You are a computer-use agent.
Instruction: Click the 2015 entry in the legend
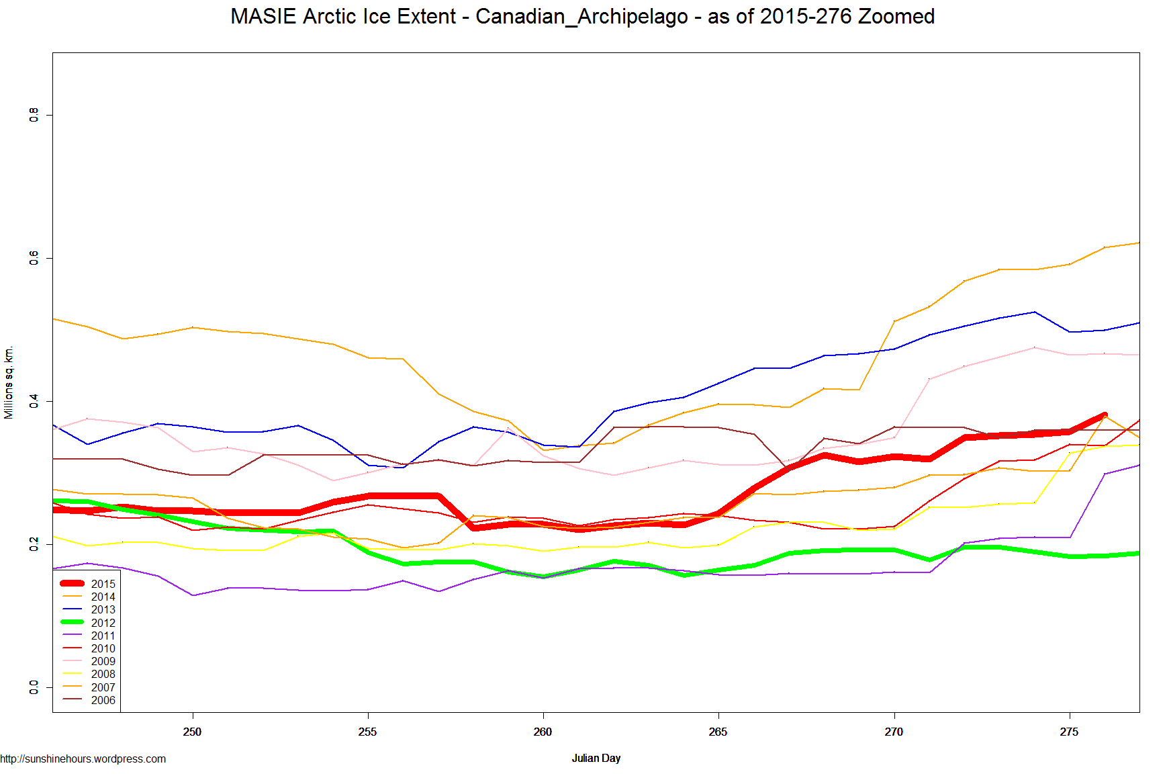tap(103, 584)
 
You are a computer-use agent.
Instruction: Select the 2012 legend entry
tap(103, 623)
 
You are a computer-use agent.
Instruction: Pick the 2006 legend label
tap(103, 700)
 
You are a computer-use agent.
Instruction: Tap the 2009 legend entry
tap(103, 661)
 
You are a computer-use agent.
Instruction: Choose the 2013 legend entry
tap(103, 609)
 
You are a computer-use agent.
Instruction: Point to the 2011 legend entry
tap(103, 636)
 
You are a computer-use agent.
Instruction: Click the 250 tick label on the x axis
tap(193, 732)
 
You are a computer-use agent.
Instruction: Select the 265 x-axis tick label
tap(718, 732)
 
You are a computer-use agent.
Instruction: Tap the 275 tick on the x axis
tap(1069, 732)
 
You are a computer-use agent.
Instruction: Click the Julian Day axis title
tap(596, 758)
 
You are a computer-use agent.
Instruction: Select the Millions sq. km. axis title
tap(9, 382)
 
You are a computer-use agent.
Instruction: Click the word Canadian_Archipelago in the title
tap(581, 16)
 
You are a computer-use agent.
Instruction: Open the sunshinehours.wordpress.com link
tap(83, 759)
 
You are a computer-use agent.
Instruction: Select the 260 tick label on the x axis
tap(543, 732)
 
